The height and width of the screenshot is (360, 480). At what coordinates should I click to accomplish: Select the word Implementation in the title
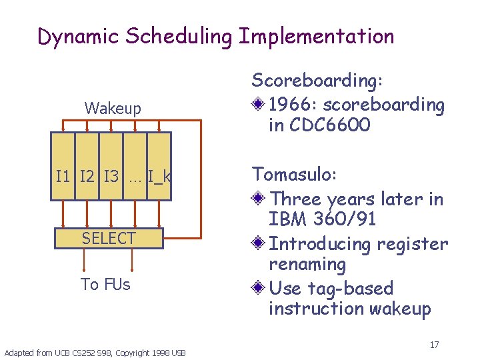316,37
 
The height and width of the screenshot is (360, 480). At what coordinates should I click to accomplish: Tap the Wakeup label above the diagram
113,109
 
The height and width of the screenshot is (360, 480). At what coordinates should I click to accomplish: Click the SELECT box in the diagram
109,238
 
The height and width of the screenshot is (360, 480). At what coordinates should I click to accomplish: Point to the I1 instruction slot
63,177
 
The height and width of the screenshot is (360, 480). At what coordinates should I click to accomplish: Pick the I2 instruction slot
87,177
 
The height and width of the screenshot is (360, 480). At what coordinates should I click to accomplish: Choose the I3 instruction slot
111,177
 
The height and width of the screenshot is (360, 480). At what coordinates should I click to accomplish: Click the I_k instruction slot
159,177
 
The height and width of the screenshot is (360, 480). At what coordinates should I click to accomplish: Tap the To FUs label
105,285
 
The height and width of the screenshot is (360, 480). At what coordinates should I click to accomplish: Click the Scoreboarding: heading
317,81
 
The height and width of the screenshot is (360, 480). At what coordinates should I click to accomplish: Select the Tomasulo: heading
294,175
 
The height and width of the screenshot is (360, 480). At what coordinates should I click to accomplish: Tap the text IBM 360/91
322,219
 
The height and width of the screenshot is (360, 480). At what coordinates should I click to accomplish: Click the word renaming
307,265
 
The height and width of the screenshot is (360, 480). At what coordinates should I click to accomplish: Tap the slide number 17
434,345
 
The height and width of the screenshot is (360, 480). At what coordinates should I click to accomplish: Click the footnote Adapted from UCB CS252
95,352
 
